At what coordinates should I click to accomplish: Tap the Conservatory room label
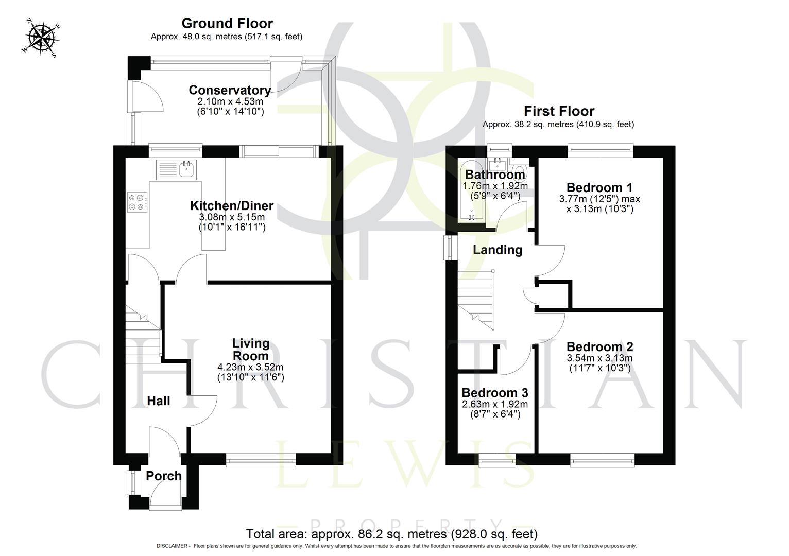point(230,90)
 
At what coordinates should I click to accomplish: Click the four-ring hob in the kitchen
point(137,201)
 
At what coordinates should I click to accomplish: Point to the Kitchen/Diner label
point(232,206)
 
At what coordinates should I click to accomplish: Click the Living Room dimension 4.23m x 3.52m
point(251,367)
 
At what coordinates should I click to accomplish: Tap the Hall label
point(158,401)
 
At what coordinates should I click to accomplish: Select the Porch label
point(164,476)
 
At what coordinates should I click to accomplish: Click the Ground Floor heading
point(227,23)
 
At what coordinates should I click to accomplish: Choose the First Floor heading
point(559,111)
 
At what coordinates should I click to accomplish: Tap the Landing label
point(498,250)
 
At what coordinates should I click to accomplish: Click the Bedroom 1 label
point(599,187)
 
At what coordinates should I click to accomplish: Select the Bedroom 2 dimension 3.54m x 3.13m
point(599,358)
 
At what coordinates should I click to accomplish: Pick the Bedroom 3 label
point(495,393)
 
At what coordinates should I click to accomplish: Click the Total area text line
point(391,534)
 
